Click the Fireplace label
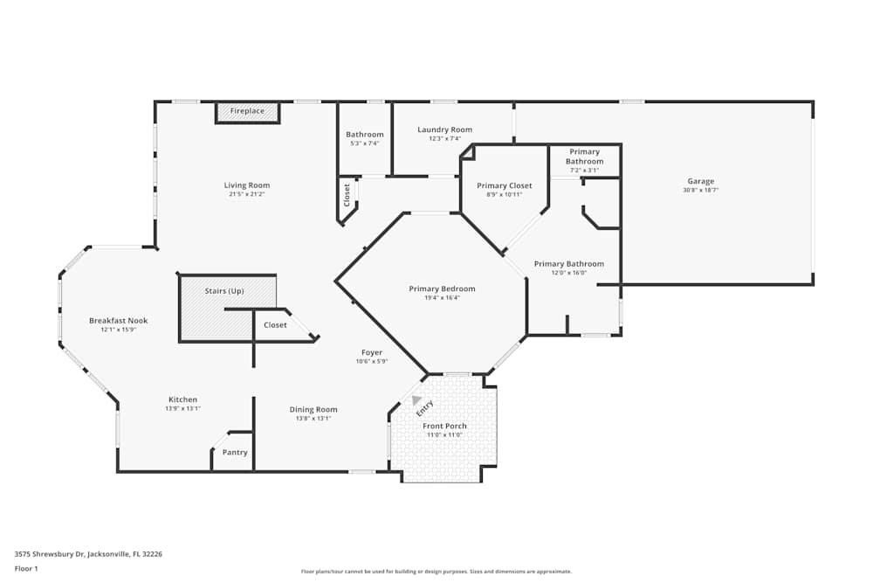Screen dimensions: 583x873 [247, 111]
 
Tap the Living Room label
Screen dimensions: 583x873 [247, 185]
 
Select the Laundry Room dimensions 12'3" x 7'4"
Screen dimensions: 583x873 [444, 138]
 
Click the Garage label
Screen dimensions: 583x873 [700, 182]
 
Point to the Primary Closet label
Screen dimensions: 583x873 [504, 185]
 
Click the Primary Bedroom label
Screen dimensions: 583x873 [442, 289]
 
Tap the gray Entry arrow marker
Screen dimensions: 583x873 [416, 400]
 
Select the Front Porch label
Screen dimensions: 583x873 [444, 427]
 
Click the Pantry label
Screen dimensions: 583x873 [235, 453]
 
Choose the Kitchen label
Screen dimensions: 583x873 [182, 399]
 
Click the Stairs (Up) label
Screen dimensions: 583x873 [224, 291]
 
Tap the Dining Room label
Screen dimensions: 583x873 [313, 409]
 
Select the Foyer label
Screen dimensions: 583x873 [371, 353]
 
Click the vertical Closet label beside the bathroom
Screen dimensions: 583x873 [347, 194]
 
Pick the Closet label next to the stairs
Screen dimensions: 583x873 [275, 325]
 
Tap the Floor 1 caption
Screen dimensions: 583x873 [27, 568]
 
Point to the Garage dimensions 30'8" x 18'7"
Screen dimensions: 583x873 [700, 190]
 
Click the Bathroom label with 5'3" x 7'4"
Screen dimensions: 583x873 [364, 135]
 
